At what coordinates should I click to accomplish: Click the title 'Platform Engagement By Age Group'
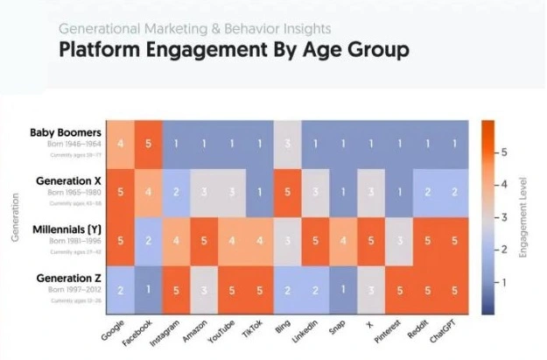234,49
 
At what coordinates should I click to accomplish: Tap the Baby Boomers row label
66,133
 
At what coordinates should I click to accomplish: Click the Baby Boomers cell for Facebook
149,143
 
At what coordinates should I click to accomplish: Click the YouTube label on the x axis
225,332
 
